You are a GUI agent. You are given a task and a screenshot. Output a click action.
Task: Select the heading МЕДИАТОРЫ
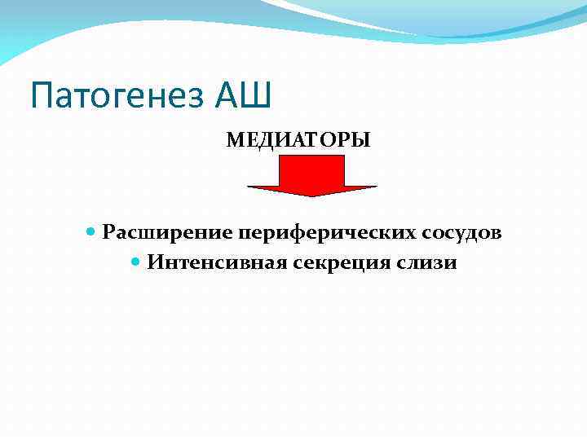(298, 140)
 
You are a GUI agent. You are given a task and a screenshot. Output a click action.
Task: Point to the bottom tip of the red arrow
(312, 196)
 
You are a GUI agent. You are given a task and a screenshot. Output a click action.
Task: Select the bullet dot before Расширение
(91, 232)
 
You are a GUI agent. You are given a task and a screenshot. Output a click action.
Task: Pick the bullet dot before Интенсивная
(136, 262)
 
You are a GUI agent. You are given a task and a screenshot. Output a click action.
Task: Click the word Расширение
(168, 233)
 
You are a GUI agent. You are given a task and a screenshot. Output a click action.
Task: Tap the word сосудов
(462, 233)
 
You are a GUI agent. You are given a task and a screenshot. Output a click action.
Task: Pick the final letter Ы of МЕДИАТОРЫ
(362, 140)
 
